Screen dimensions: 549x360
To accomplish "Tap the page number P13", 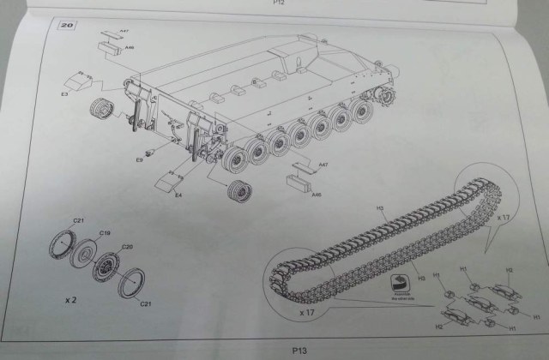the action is pos(299,350).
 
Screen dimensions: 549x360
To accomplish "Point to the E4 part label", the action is pos(178,195).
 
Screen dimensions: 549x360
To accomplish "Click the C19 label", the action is pos(105,233).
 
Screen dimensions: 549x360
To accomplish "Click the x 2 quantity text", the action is pos(73,302).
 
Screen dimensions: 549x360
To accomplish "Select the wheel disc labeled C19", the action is pos(84,255).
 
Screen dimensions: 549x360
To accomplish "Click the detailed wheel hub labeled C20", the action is pos(108,266).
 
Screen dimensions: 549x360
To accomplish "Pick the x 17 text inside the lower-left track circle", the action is pos(306,314).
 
